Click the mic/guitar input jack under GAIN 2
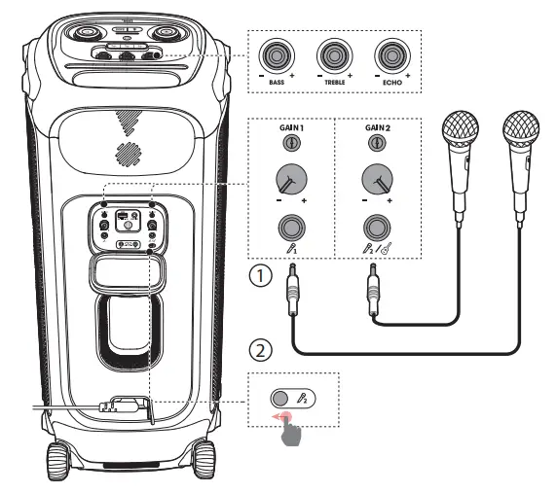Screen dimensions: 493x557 pyautogui.click(x=374, y=229)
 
